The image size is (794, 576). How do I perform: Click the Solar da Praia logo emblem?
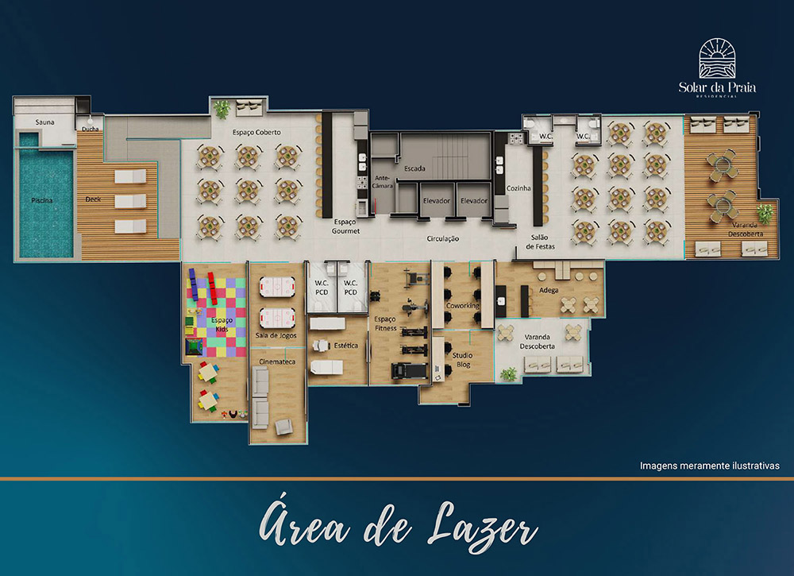point(717,58)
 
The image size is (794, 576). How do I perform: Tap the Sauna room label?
point(44,122)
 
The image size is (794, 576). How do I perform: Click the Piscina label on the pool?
point(41,201)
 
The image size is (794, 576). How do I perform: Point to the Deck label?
point(93,199)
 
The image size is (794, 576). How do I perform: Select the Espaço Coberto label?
point(256,132)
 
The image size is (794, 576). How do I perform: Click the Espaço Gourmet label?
point(346,226)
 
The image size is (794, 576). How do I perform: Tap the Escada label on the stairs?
point(414,168)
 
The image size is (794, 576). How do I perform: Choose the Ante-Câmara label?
point(383,182)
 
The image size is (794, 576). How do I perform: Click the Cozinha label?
point(518,188)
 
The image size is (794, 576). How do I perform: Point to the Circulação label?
point(442,238)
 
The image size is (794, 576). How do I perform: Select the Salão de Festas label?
point(540,242)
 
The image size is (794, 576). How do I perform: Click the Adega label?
point(549,290)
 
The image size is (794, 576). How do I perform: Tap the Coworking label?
point(462,306)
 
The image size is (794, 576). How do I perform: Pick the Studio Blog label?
point(462,360)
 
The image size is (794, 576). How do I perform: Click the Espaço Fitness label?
point(385,323)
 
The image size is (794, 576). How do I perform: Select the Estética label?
point(346,346)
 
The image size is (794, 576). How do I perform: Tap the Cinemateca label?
point(277,361)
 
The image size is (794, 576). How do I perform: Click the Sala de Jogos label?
point(276,335)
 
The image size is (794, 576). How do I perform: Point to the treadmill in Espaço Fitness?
point(409,371)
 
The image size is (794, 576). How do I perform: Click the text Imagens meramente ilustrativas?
point(709,466)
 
